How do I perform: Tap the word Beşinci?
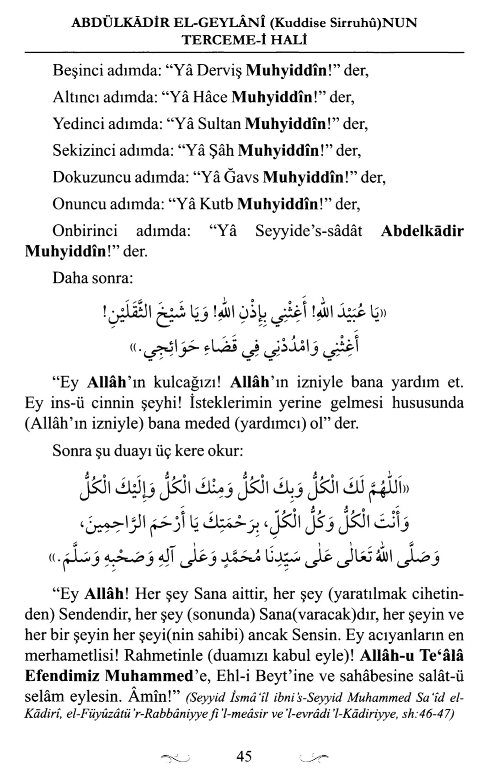coord(77,71)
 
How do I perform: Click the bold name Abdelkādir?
coord(422,231)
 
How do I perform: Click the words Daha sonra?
coord(93,277)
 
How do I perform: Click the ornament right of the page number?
coord(314,759)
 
